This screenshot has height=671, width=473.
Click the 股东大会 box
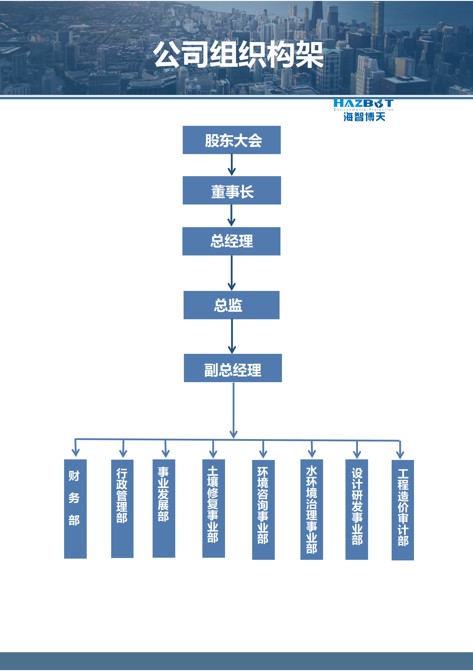point(232,140)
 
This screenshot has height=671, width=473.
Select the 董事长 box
point(232,190)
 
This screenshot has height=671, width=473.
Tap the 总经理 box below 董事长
point(231,241)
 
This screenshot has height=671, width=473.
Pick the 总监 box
point(231,305)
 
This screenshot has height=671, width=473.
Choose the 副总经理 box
point(233,368)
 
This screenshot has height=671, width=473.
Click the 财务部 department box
point(75,509)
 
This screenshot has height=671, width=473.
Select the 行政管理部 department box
point(122,509)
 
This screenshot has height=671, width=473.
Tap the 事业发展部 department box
point(164,508)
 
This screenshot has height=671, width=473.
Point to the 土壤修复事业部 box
point(213,508)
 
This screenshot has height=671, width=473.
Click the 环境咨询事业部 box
point(263,509)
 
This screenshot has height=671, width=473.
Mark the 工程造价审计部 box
point(403,510)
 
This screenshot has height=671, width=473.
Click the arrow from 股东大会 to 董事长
point(232,165)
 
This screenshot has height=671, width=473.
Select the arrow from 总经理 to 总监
point(232,273)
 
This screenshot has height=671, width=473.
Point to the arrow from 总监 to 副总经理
point(232,336)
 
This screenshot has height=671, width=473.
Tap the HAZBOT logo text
point(363,103)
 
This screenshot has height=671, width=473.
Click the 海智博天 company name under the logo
point(364,117)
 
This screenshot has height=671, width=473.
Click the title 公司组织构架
point(238,55)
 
